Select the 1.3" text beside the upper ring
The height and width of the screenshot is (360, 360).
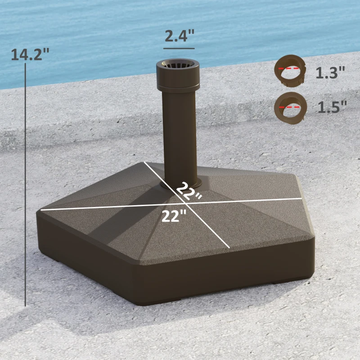[330, 72]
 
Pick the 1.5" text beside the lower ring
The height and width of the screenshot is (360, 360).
[332, 107]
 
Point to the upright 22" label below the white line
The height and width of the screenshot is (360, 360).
[174, 216]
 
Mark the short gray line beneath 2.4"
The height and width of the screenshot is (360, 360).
[179, 48]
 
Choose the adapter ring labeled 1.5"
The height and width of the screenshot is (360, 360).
[290, 107]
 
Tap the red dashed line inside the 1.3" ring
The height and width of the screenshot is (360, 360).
[290, 68]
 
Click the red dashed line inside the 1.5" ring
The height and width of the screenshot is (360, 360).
[290, 107]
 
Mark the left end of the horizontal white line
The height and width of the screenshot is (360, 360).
[41, 209]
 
